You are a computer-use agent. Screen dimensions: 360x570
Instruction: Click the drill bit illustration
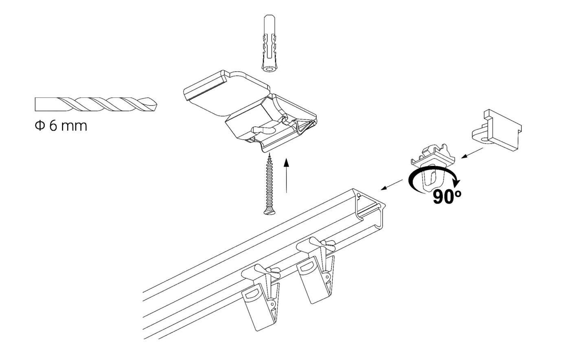(x=95, y=105)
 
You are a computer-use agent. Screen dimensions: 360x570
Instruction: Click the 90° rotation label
(x=447, y=197)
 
